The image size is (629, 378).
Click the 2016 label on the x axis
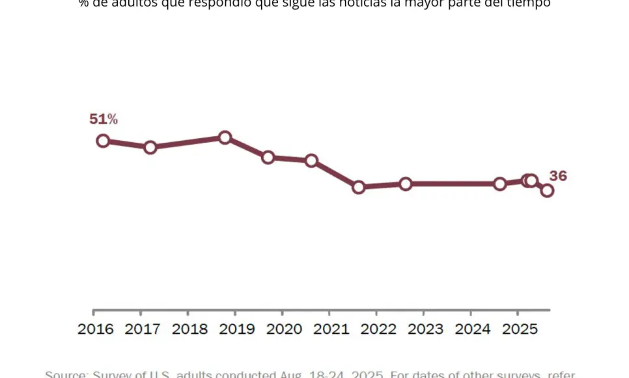pos(96,329)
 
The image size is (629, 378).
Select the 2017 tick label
pos(143,329)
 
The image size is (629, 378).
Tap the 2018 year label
pos(189,329)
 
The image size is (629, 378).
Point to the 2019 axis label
pos(237,329)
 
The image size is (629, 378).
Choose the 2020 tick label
pos(284,329)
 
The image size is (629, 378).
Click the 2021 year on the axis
pos(331,329)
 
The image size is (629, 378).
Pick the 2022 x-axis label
pos(378,329)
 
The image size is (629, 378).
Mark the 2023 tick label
pos(426,329)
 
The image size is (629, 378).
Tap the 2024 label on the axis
pos(473,329)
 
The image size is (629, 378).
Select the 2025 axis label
pos(520,329)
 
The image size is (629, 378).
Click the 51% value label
pos(104,119)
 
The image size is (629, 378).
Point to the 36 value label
pos(558,176)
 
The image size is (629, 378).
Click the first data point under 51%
pos(103,141)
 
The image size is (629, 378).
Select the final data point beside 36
pos(547,190)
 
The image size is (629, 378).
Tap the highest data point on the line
pos(225,138)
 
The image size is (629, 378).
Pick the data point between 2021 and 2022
pos(358,187)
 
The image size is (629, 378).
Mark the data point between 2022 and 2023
pos(406,184)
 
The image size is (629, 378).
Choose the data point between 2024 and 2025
pos(500,184)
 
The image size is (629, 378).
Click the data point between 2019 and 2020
pos(268,157)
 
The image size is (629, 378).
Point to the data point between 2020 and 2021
pos(311,160)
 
